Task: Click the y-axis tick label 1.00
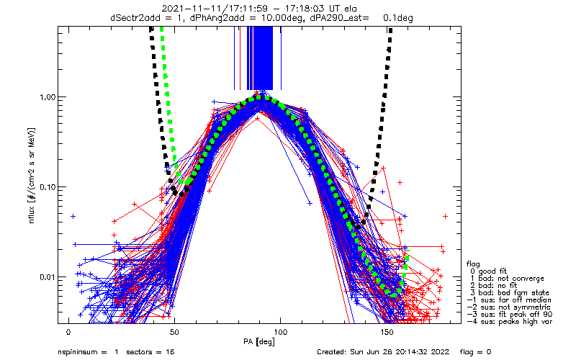point(47,97)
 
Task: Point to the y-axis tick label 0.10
point(47,187)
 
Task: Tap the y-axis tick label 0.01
point(47,276)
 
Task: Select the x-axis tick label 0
point(68,332)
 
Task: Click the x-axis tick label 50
point(174,332)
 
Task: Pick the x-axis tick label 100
point(280,332)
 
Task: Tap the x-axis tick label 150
point(387,332)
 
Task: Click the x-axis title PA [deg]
point(259,342)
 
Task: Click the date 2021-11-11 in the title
point(185,9)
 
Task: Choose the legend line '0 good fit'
point(488,271)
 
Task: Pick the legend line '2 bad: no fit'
point(494,285)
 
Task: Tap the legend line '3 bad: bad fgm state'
point(510,293)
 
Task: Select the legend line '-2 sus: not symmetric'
point(509,307)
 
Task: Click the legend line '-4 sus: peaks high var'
point(510,321)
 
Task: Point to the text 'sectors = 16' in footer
point(150,352)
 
